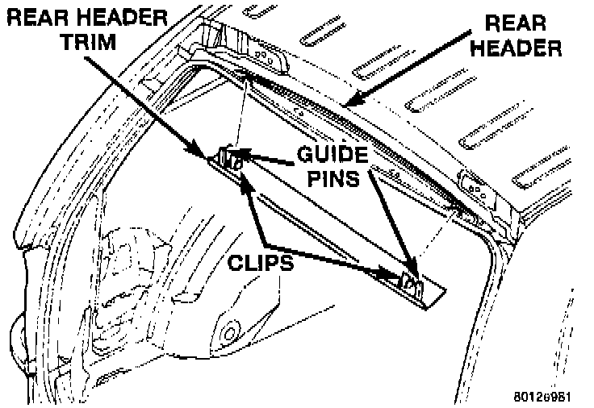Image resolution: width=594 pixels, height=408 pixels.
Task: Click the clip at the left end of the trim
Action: coord(229,158)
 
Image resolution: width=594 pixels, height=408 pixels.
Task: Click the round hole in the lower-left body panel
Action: coord(230,331)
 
